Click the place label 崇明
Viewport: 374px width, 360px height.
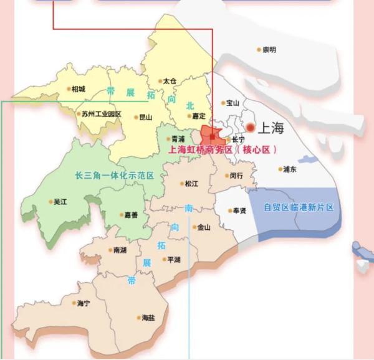[269, 49]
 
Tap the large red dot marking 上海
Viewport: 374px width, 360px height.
[251, 128]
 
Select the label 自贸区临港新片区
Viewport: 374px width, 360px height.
[299, 207]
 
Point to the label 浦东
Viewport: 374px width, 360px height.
[290, 169]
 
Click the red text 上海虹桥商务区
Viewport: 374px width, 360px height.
[198, 150]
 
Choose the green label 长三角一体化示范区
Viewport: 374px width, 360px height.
[114, 176]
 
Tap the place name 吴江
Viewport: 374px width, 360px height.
[60, 202]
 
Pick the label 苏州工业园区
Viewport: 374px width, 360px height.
[102, 115]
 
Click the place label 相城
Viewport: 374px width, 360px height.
[79, 89]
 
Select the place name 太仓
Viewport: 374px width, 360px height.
[170, 81]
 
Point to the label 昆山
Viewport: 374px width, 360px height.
[145, 116]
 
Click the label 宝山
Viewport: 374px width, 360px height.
[233, 103]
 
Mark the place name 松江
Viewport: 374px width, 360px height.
[191, 184]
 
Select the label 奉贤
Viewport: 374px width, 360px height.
[239, 211]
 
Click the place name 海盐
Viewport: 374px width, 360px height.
[148, 318]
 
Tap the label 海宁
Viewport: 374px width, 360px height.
[84, 303]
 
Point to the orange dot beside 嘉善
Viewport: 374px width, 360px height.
[122, 215]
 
